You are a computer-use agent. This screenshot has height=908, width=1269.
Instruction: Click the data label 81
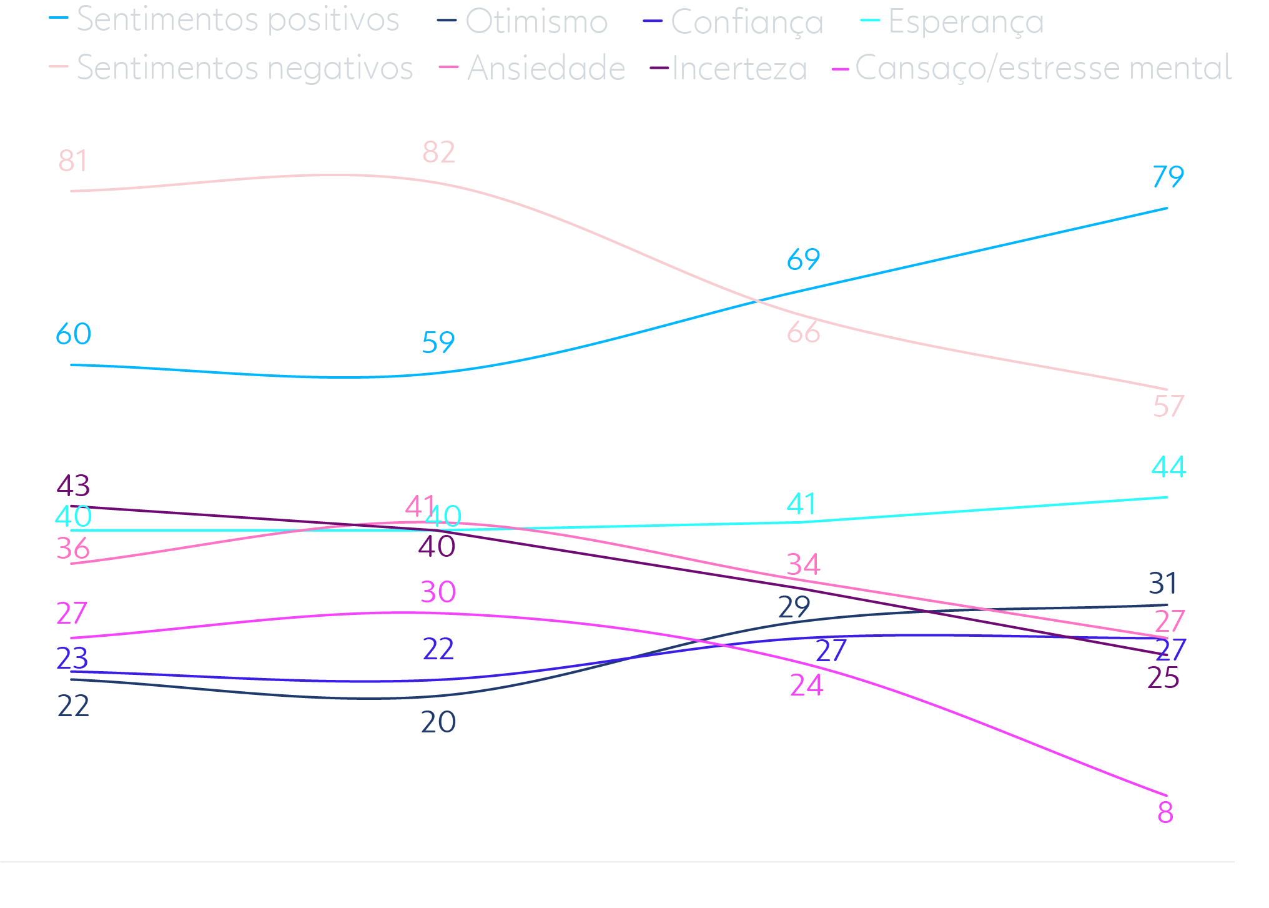tap(73, 161)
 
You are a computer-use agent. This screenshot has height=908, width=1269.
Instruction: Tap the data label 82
tap(438, 152)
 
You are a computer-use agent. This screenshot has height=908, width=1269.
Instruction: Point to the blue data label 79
tap(1168, 177)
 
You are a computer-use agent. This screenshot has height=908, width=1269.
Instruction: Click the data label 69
tap(803, 259)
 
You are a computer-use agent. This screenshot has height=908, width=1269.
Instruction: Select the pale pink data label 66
tap(803, 332)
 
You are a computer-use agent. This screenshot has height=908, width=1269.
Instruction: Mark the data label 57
tap(1168, 407)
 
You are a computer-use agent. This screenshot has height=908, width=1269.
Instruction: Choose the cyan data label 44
tap(1168, 467)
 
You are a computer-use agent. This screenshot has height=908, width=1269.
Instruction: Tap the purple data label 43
tap(73, 486)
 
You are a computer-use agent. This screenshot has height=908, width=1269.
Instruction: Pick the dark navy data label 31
tap(1163, 584)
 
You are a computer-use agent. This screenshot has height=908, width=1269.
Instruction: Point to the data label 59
tap(438, 343)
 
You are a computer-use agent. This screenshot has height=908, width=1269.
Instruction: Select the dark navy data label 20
tap(438, 722)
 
